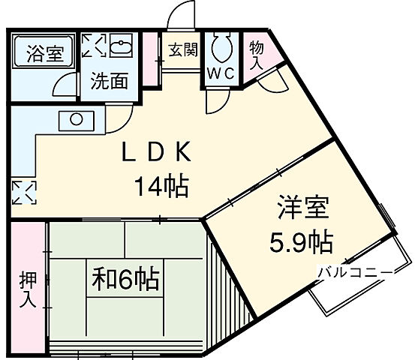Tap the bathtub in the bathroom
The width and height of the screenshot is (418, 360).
(x=44, y=54)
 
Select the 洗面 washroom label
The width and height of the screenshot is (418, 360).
(x=110, y=81)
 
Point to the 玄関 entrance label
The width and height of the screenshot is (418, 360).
(x=182, y=50)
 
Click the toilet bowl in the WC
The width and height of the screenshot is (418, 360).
(x=221, y=50)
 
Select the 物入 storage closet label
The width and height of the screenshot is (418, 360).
(x=257, y=54)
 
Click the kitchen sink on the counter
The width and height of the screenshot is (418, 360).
(x=76, y=118)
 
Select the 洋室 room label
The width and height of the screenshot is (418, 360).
(x=300, y=208)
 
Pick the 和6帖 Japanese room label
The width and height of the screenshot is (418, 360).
(x=126, y=280)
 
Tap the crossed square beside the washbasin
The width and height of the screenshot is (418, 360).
(x=95, y=47)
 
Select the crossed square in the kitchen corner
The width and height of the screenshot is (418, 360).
(x=23, y=192)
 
